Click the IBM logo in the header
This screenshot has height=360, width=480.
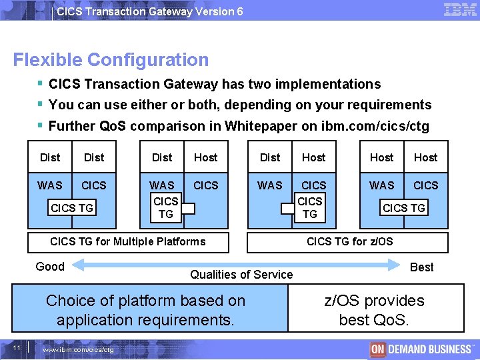[459, 10]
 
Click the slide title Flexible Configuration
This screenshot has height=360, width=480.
[111, 60]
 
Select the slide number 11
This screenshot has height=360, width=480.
[17, 347]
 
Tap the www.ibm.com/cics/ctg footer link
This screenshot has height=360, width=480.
[78, 349]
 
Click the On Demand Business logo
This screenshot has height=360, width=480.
[421, 349]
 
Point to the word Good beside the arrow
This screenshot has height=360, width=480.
[50, 267]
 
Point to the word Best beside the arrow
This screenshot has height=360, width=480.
[421, 267]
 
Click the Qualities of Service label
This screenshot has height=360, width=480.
[241, 275]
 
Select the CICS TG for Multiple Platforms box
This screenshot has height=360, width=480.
[128, 241]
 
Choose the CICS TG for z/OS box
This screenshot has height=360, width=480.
[349, 241]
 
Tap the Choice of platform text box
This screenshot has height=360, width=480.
[145, 310]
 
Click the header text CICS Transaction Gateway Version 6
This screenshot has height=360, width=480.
[149, 11]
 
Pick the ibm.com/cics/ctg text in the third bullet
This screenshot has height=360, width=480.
[377, 126]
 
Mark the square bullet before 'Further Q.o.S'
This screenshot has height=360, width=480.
[41, 125]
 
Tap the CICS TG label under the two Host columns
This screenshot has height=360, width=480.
[403, 208]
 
